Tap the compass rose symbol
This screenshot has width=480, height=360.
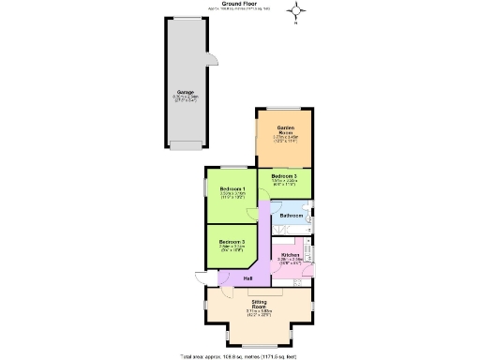298,12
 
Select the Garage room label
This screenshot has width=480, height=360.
184,92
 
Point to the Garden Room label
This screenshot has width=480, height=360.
285,129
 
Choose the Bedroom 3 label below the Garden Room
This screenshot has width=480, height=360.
284,176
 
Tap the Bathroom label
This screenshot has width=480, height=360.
292,216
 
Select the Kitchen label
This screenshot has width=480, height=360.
290,255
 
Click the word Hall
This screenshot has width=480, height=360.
248,278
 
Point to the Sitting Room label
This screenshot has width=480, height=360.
258,305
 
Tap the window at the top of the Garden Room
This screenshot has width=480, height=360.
284,107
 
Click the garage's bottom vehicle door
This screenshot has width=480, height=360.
184,146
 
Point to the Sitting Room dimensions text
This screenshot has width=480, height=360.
258,315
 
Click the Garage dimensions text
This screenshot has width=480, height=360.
184,97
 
